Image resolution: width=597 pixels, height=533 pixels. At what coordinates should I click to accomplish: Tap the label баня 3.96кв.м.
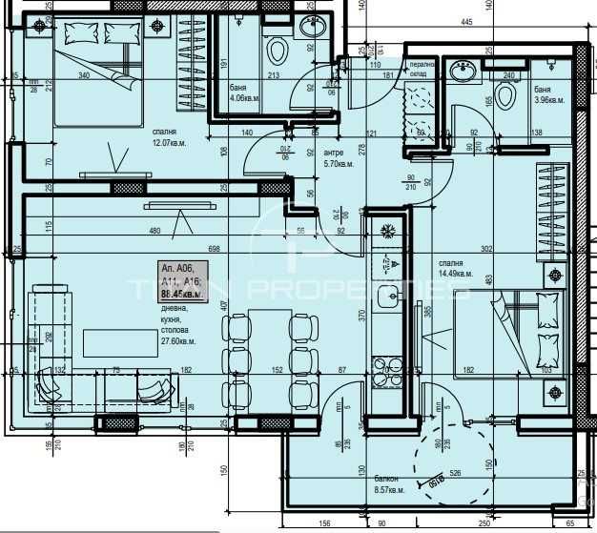[549, 94]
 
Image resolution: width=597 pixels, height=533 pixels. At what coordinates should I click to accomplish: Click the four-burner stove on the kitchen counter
[389, 367]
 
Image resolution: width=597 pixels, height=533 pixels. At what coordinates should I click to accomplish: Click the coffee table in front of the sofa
[113, 341]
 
